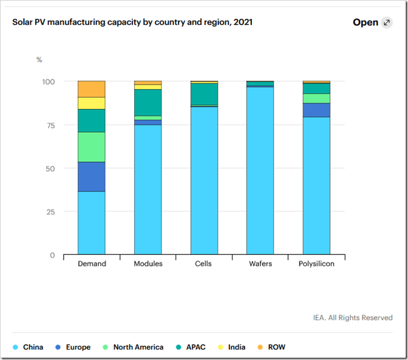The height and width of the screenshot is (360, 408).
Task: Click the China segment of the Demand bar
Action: click(x=91, y=223)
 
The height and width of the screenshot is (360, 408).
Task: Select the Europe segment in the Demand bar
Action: click(x=91, y=177)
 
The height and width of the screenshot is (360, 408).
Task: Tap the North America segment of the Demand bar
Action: click(x=91, y=147)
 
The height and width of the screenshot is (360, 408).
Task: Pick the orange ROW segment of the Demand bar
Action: click(x=91, y=89)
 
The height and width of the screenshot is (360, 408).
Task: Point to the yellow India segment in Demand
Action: click(x=91, y=103)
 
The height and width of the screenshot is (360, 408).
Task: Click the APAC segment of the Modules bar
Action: click(x=148, y=102)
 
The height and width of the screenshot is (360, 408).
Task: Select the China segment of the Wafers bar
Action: click(x=260, y=170)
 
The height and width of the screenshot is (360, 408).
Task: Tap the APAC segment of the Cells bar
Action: click(x=204, y=94)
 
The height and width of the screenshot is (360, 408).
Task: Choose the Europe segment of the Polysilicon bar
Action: click(x=317, y=110)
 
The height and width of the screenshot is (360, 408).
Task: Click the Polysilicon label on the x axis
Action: click(x=317, y=264)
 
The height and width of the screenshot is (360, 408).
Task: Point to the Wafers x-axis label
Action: click(x=260, y=264)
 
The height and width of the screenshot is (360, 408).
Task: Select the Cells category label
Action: click(x=204, y=264)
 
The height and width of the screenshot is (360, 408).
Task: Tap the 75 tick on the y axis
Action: click(x=50, y=125)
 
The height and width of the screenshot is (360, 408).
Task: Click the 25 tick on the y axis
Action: click(x=50, y=212)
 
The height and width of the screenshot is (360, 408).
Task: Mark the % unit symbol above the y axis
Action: click(x=39, y=59)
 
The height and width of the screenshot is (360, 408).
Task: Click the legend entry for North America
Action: click(x=138, y=347)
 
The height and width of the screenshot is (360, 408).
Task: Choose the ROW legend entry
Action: click(x=276, y=347)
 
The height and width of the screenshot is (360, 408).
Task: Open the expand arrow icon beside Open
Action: click(x=387, y=23)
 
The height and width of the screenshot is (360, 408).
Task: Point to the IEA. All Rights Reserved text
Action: click(x=352, y=317)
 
